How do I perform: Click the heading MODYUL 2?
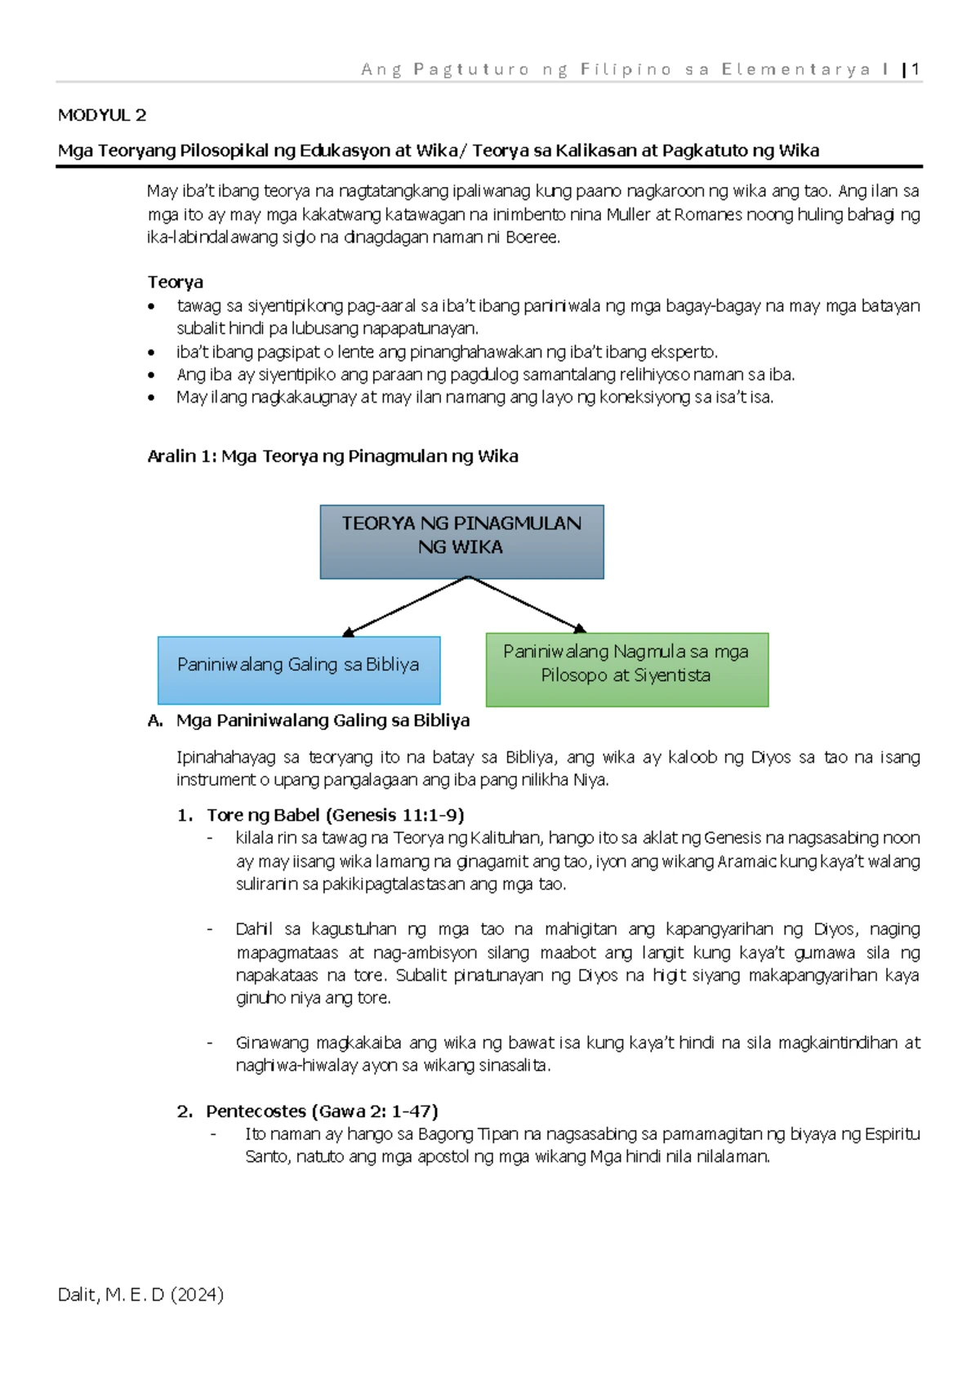coord(102,115)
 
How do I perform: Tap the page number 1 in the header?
coord(916,69)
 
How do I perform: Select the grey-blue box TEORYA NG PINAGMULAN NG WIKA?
coord(461,541)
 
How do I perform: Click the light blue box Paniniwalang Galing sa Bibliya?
coord(298,670)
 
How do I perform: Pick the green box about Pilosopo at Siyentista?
coord(626,670)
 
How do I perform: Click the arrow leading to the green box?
coord(527,604)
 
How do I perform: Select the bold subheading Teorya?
coord(175,283)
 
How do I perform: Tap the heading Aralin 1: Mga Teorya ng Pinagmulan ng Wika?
coord(332,456)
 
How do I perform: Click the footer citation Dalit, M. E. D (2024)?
coord(140,1294)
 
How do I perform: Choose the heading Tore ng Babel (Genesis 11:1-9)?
coord(335,815)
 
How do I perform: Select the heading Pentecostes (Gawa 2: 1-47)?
coord(322,1111)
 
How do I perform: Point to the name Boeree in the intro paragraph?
coord(532,238)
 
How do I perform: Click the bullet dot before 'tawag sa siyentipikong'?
coord(151,307)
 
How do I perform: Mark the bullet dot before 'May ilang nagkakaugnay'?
coord(151,399)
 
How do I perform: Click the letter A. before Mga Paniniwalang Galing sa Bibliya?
coord(155,720)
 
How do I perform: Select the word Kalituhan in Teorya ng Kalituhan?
coord(506,838)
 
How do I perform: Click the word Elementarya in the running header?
coord(796,69)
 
